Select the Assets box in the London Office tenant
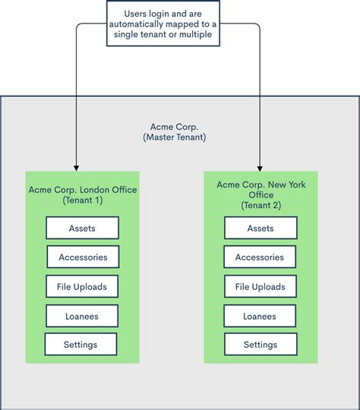pos(82,228)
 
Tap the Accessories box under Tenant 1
pos(83,257)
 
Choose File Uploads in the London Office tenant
pos(82,287)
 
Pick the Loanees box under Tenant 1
pos(82,316)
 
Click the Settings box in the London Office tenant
pos(81,345)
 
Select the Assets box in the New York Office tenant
pos(261,229)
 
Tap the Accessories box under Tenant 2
pos(261,257)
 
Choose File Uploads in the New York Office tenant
pos(261,287)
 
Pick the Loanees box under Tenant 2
pos(261,316)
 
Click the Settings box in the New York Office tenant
pos(261,345)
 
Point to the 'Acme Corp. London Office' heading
pos(83,190)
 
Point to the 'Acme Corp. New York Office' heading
pos(261,190)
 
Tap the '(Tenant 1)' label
pos(83,200)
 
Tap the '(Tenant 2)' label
pos(261,206)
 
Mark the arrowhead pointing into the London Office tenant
pos(75,166)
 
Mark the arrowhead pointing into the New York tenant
pos(260,166)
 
